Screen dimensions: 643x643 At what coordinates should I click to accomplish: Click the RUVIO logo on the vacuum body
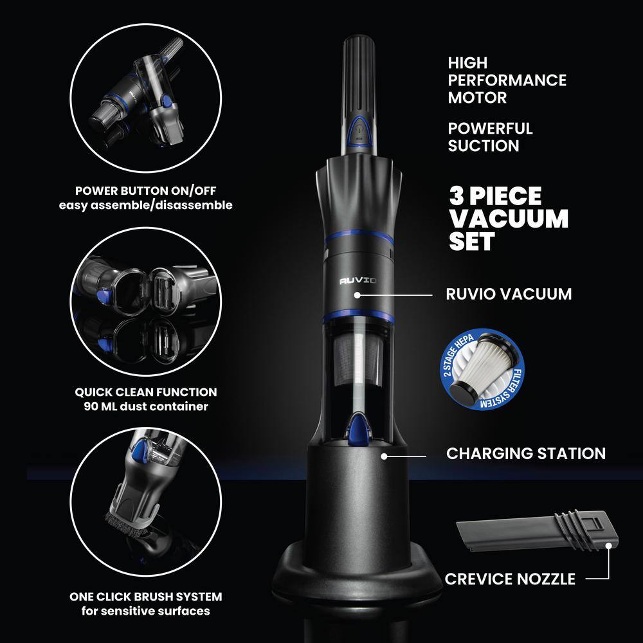[x=358, y=280]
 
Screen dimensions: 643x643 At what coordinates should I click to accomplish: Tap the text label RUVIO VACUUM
[x=509, y=294]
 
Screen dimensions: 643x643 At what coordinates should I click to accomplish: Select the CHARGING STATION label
[x=525, y=453]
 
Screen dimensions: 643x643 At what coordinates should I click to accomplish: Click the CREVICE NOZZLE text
[x=510, y=579]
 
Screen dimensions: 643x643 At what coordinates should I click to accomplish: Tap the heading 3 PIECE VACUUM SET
[x=508, y=219]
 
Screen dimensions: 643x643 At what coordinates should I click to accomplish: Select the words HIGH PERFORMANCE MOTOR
[x=507, y=80]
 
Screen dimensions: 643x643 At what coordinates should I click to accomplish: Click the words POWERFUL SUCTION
[x=490, y=137]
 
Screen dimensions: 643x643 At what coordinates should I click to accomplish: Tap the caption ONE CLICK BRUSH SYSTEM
[x=145, y=596]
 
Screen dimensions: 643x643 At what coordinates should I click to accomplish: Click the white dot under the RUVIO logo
[x=358, y=296]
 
